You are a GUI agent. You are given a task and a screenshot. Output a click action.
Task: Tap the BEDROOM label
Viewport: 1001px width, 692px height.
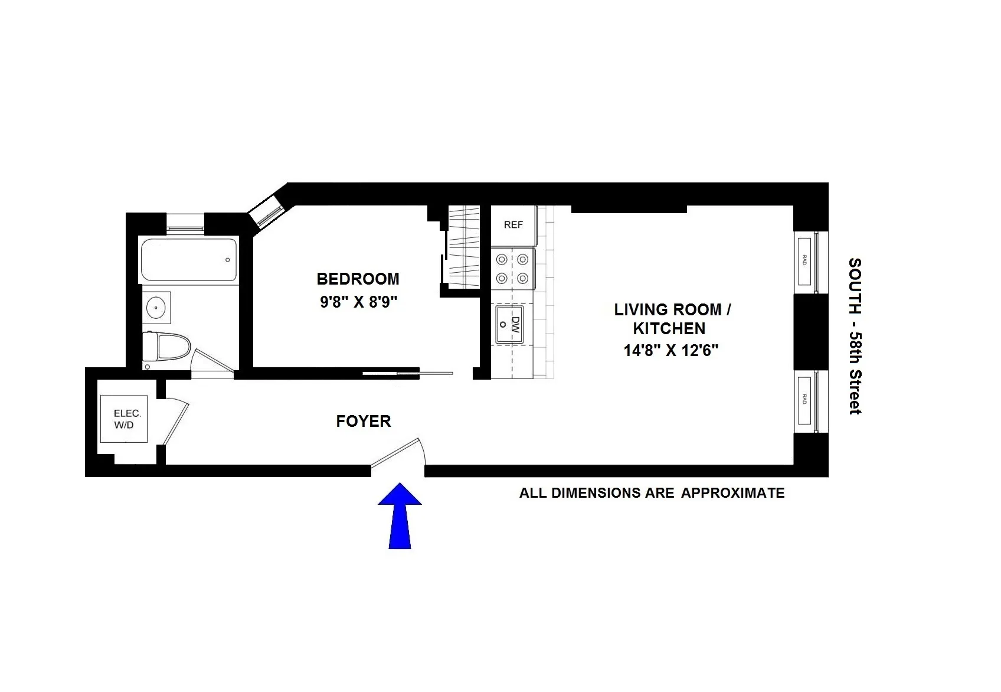(x=358, y=279)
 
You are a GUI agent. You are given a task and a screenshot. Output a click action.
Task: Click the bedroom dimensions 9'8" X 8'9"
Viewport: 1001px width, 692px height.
(x=359, y=302)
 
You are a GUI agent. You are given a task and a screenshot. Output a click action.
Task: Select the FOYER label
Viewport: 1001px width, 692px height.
(x=364, y=421)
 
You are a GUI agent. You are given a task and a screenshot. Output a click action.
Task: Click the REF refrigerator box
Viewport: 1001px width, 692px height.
(x=513, y=225)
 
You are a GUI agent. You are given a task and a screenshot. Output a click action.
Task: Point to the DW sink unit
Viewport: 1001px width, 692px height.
(x=509, y=324)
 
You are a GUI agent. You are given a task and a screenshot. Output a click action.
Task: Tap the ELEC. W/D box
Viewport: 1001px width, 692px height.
(x=124, y=419)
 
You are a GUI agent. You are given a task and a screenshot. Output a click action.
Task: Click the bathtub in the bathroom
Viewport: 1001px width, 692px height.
(x=189, y=260)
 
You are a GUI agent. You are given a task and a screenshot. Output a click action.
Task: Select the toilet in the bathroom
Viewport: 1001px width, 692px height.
(x=166, y=348)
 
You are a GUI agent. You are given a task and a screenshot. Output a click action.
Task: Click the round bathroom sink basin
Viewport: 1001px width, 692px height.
(x=156, y=307)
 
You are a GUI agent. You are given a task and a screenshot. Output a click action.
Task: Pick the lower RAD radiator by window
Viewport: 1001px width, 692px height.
(x=804, y=400)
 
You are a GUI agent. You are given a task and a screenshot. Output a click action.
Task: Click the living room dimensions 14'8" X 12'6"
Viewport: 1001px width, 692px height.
(x=671, y=351)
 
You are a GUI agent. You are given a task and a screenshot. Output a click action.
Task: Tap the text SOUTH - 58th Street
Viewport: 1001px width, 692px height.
(x=855, y=336)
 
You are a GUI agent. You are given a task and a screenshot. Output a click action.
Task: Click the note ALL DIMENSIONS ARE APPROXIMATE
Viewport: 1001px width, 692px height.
(x=652, y=493)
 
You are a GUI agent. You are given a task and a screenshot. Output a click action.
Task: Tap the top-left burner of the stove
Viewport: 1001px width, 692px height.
(x=502, y=259)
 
